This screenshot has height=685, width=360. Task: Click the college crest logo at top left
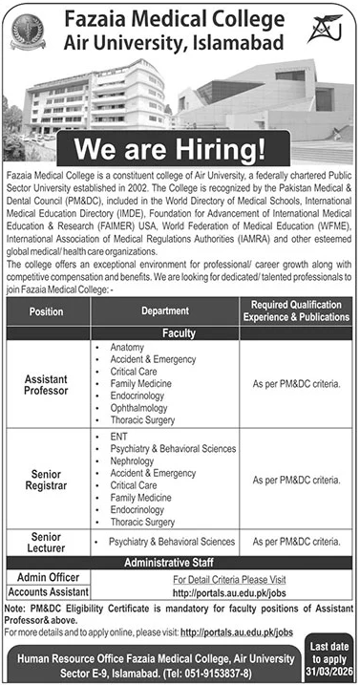click(28, 34)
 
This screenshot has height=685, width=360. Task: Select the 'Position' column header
click(47, 310)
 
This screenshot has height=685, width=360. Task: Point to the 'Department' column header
click(165, 310)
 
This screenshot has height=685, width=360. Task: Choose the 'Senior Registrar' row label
click(47, 478)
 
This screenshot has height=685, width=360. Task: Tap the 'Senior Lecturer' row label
click(47, 541)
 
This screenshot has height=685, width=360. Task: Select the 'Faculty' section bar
click(180, 332)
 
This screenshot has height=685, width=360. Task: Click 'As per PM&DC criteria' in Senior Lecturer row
click(296, 542)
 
